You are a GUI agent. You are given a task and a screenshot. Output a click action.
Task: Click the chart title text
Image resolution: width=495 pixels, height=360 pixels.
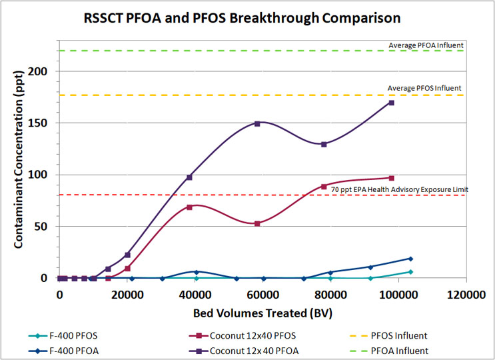pos(247,18)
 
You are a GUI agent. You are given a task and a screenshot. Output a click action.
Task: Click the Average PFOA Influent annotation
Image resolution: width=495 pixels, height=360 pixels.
pos(426,45)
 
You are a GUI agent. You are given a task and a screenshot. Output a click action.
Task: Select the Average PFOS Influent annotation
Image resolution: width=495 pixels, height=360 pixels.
pos(424,88)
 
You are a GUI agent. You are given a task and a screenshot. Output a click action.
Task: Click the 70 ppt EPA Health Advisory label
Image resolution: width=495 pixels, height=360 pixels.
pos(399,190)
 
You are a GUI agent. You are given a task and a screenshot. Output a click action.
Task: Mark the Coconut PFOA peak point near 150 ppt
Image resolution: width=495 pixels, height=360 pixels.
pos(257,123)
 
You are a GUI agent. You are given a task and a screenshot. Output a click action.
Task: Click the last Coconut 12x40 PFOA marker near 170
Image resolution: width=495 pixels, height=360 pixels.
pos(392,103)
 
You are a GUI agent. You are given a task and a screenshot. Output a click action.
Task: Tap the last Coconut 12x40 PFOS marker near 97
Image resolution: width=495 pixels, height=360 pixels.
pos(392,178)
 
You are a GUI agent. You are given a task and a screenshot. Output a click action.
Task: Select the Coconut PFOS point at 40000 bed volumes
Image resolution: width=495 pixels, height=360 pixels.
pos(190,207)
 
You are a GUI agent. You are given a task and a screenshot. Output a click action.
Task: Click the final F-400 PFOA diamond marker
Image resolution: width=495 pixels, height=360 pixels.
pos(410,259)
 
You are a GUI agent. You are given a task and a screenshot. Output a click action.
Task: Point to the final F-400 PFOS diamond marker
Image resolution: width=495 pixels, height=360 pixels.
pos(410,272)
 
